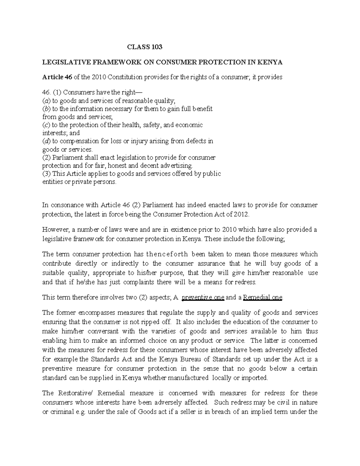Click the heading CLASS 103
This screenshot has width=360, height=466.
tap(145, 47)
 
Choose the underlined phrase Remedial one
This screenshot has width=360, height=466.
tap(262, 298)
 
